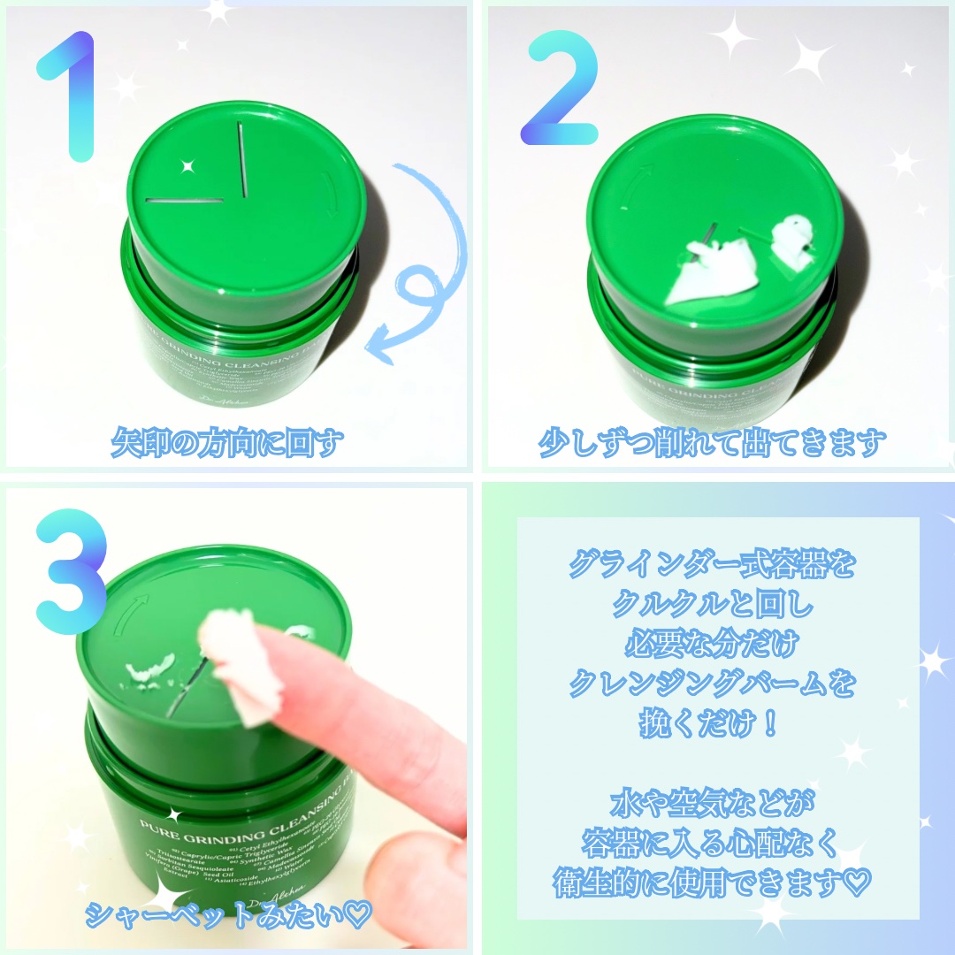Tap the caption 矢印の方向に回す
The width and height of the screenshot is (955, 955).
(x=225, y=443)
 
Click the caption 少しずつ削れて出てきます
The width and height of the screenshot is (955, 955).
(x=713, y=443)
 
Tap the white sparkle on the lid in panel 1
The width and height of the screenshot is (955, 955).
(x=187, y=165)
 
